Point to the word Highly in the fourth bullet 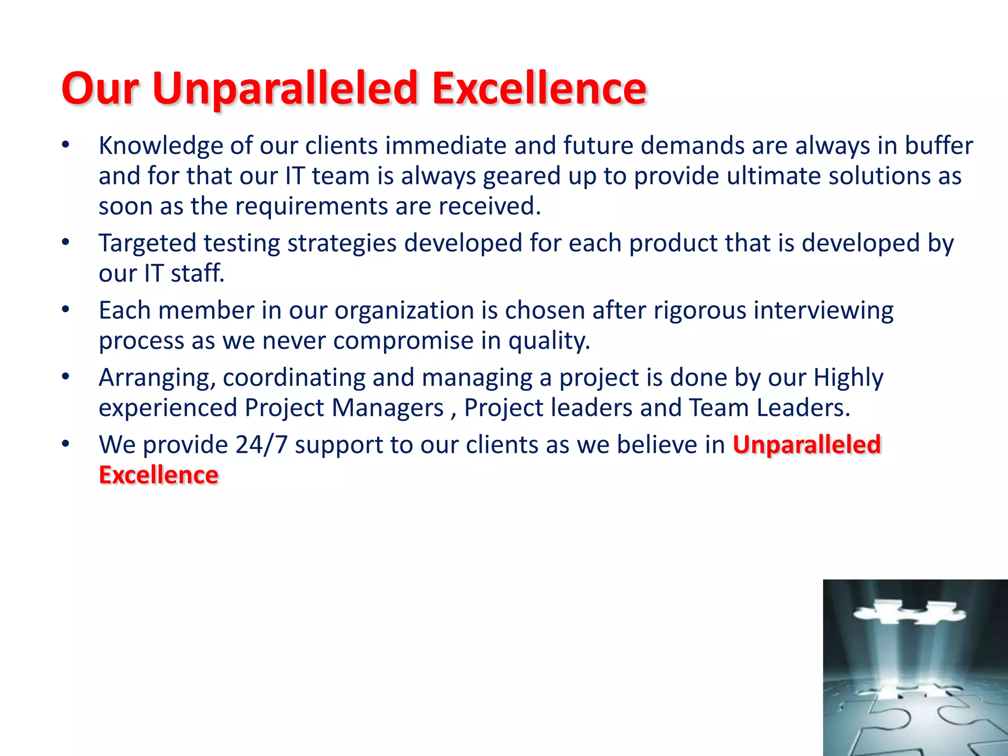(848, 378)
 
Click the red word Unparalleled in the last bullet (806, 445)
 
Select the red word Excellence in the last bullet (158, 475)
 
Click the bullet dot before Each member (66, 310)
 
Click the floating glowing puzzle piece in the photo (909, 613)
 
